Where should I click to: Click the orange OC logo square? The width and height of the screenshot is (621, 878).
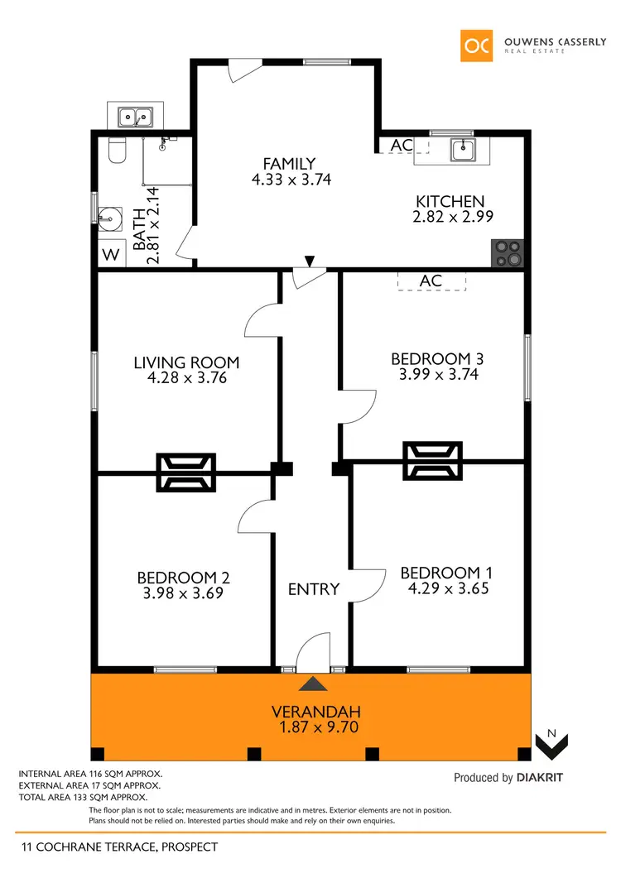(x=477, y=46)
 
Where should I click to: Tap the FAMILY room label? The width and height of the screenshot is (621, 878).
(x=289, y=164)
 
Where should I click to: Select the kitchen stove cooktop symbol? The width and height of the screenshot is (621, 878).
(x=508, y=253)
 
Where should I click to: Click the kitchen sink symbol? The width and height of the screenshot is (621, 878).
(x=462, y=150)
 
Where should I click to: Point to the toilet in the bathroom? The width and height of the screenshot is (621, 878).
(x=117, y=151)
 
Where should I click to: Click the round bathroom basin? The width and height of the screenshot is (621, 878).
(x=109, y=216)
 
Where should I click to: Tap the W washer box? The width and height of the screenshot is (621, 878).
(x=110, y=254)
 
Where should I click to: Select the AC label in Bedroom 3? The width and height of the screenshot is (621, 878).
(x=431, y=281)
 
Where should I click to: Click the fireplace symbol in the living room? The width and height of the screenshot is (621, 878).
(x=186, y=473)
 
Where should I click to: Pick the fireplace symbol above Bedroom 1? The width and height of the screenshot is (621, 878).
(x=432, y=461)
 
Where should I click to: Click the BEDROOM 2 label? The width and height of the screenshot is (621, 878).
(x=183, y=578)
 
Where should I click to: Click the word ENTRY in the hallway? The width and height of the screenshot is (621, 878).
(x=314, y=589)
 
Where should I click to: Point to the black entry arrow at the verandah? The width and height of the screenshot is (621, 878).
(x=313, y=684)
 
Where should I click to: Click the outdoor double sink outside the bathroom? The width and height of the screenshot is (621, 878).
(x=135, y=117)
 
